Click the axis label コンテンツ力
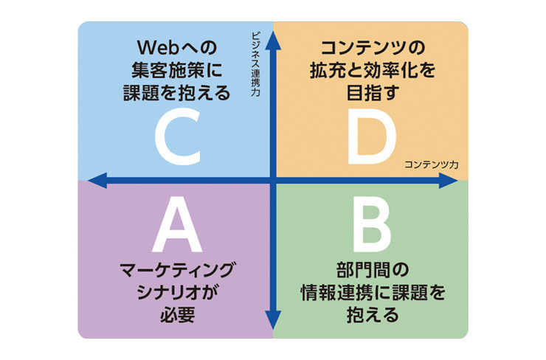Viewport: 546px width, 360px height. [x=431, y=165]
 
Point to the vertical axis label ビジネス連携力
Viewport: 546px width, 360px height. [x=255, y=63]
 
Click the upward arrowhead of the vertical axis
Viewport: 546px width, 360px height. [x=273, y=39]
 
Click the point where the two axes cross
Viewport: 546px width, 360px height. [x=273, y=179]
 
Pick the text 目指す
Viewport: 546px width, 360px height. [x=373, y=94]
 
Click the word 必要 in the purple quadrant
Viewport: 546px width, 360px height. [x=177, y=313]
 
